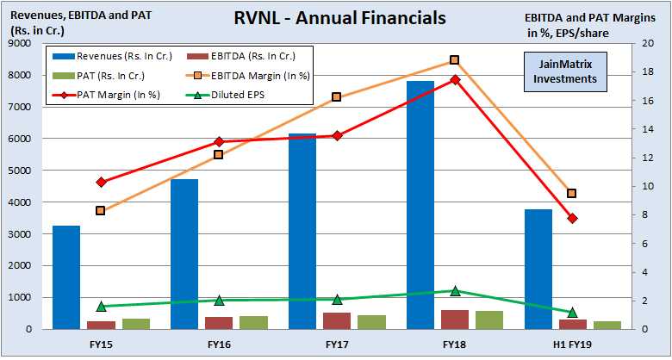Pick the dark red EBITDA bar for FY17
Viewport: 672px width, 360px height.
(337, 320)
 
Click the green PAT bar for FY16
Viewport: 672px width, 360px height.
(253, 322)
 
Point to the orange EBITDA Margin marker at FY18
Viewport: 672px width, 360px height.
(455, 60)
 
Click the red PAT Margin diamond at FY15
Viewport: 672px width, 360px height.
(101, 182)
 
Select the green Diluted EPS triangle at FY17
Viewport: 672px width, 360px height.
(337, 299)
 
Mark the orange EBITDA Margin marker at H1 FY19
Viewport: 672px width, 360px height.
(572, 193)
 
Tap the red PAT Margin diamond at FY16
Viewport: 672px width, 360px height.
(219, 141)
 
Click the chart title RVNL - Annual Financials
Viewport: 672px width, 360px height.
(341, 17)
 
